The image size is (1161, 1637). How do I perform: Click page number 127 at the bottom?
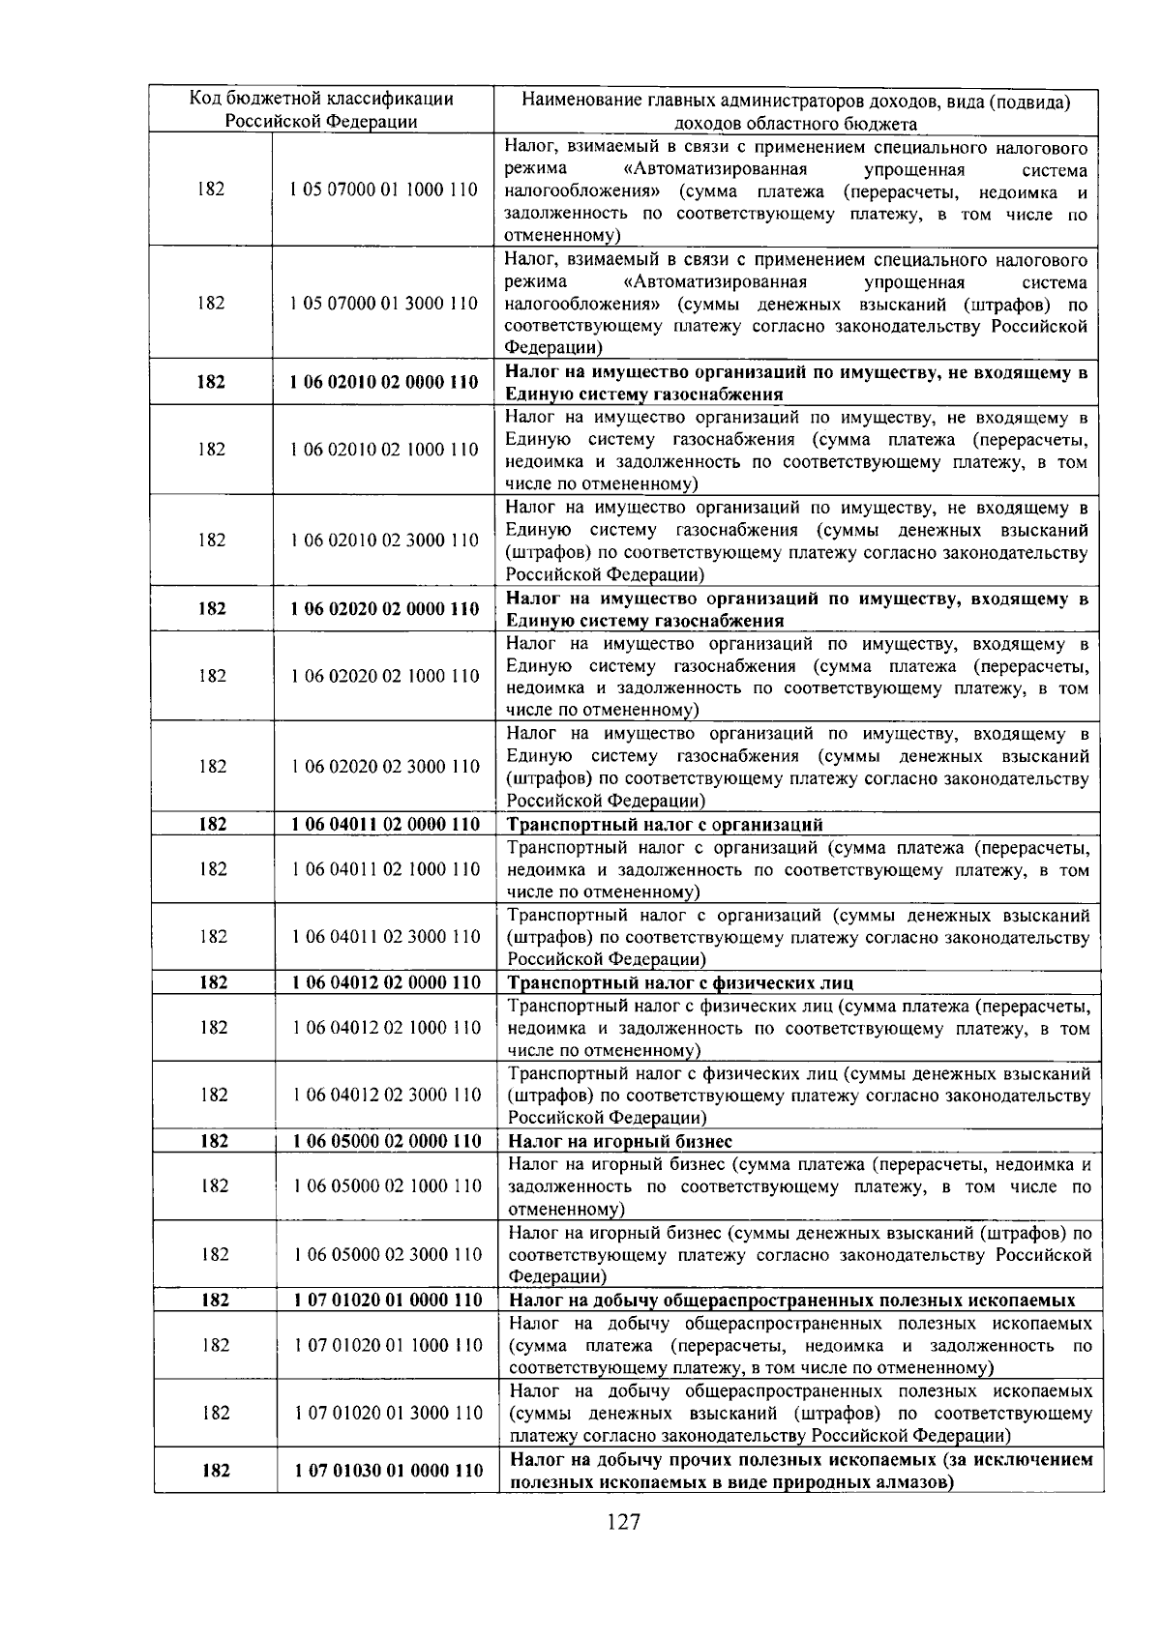coord(624,1523)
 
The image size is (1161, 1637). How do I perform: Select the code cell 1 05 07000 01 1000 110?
coord(384,190)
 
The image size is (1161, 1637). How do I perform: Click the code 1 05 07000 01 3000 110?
coord(384,303)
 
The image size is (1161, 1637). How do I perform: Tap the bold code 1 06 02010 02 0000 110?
coord(384,382)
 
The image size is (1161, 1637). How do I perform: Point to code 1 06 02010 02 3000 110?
coord(385,540)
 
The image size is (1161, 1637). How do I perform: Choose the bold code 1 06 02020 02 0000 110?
coord(385,608)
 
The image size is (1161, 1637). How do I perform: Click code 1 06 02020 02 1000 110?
coord(385,676)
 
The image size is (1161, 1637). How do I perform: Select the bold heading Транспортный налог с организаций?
coord(666,825)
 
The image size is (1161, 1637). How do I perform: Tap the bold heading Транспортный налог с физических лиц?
coord(681,983)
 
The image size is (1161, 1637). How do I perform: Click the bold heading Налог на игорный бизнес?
coord(620,1142)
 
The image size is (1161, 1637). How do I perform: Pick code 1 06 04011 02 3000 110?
coord(386,936)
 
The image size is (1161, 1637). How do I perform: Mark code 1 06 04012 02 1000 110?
coord(386,1027)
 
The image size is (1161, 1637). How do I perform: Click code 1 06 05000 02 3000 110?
coord(387,1254)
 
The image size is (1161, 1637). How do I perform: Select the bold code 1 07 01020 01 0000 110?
coord(387,1300)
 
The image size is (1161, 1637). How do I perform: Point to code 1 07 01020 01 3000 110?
coord(388,1413)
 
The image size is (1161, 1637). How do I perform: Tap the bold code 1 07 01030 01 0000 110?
coord(388,1470)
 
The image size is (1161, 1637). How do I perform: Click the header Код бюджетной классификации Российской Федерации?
coord(321,109)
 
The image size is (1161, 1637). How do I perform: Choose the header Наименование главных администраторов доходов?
coord(795,110)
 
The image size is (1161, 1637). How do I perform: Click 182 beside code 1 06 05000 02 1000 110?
coord(214,1185)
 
